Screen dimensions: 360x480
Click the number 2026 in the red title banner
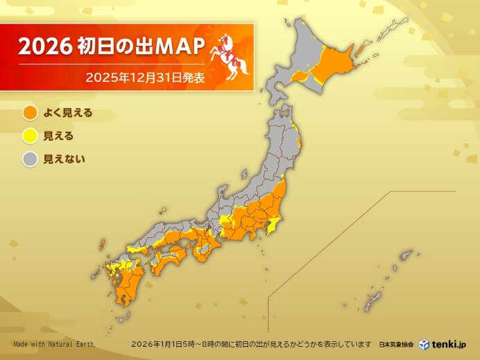44,47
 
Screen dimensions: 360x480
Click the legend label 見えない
64,160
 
